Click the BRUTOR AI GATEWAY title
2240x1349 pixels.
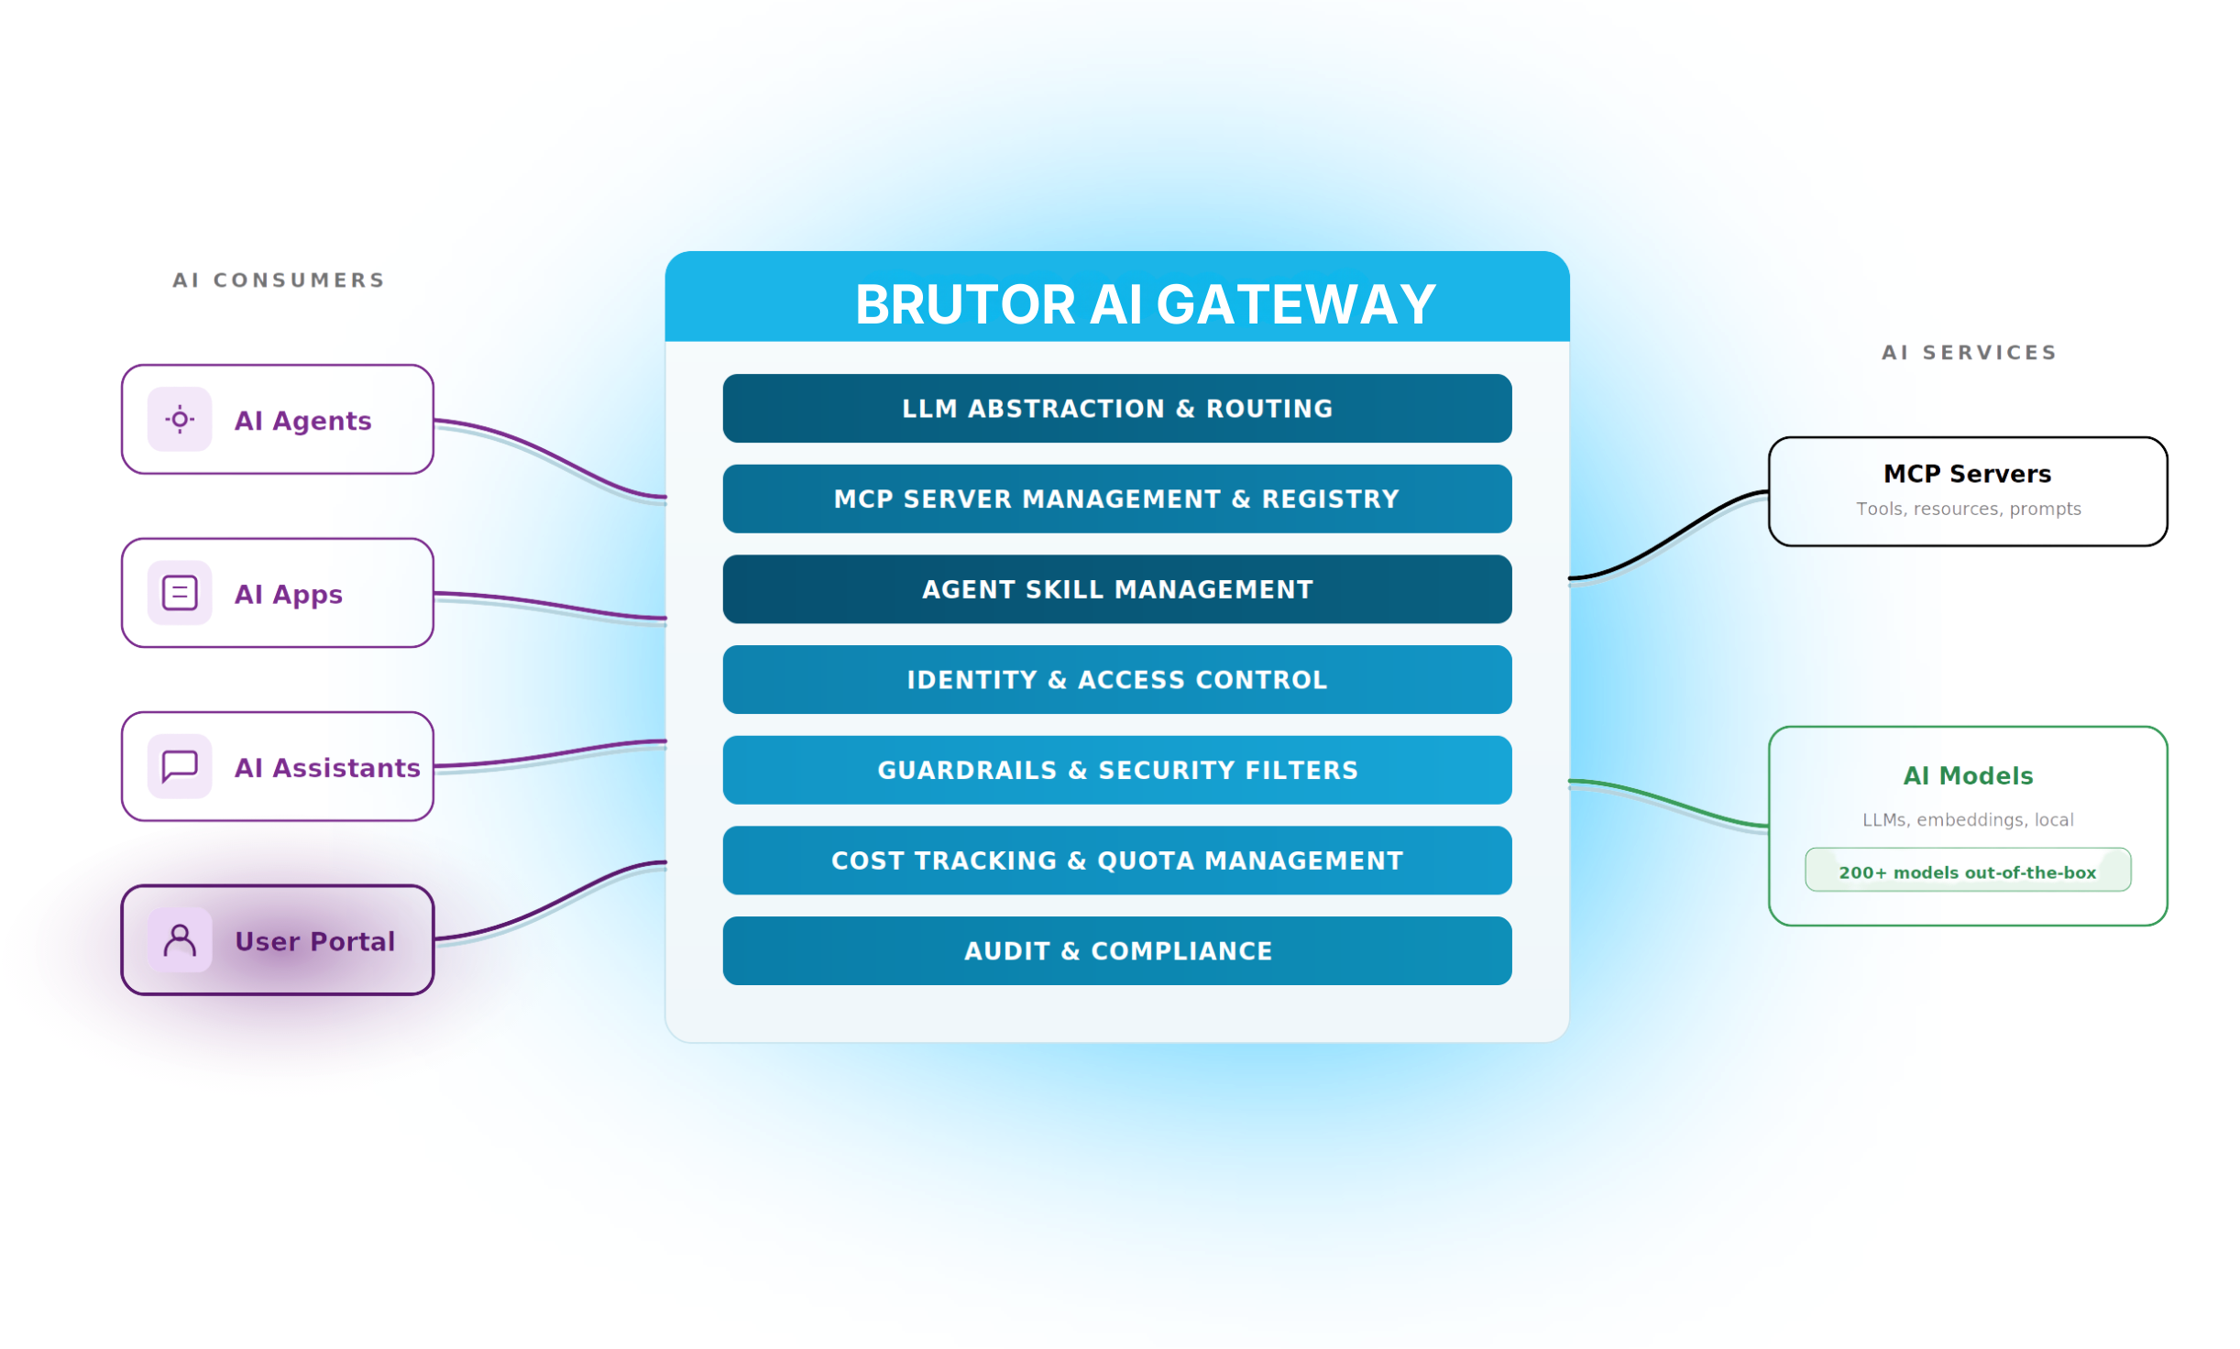(1145, 304)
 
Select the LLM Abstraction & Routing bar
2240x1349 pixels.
(1116, 409)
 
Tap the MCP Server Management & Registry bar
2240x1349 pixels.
(1116, 499)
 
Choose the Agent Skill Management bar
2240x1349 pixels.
(1116, 589)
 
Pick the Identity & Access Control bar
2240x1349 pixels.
(1116, 679)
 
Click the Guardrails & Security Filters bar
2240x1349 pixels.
(1116, 770)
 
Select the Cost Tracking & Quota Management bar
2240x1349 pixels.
(1116, 861)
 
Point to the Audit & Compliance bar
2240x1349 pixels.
(1116, 951)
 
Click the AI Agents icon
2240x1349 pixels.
(180, 420)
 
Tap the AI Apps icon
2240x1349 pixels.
(180, 593)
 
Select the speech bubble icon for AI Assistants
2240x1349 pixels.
(180, 766)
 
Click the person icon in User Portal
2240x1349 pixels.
(180, 939)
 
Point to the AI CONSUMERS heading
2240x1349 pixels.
(278, 280)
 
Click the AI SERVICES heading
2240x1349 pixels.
(1968, 353)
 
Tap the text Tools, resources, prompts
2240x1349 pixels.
(1968, 509)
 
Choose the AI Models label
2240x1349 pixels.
(1968, 776)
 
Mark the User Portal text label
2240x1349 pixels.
(314, 941)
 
